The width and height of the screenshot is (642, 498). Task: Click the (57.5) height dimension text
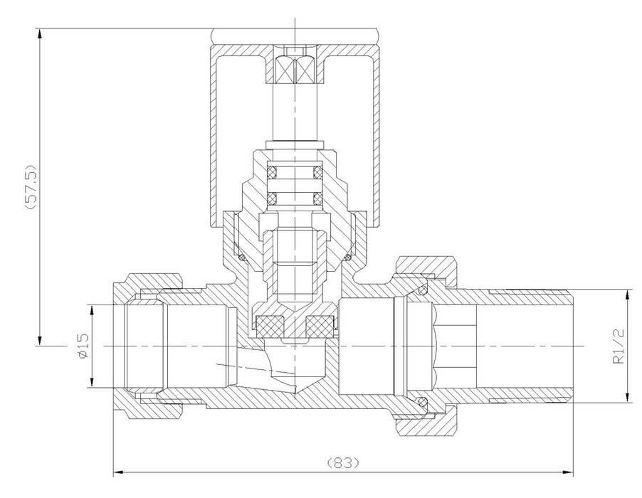(31, 187)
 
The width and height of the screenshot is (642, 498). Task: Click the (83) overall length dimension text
(344, 463)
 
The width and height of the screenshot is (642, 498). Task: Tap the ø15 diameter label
(83, 346)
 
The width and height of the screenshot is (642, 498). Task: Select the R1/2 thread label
(619, 346)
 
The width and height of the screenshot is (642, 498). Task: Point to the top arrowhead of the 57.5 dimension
(40, 33)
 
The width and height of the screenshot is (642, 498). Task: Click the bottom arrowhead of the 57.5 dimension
(40, 341)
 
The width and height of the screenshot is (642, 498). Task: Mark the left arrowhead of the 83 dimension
(118, 473)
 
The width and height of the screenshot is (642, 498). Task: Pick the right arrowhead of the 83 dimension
(568, 473)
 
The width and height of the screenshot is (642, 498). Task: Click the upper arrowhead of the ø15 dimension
(93, 311)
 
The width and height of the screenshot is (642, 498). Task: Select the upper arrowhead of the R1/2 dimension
(627, 295)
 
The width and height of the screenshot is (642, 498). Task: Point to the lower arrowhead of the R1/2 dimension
(627, 398)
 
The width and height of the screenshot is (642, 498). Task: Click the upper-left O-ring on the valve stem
(271, 172)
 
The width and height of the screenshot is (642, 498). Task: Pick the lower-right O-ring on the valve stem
(318, 198)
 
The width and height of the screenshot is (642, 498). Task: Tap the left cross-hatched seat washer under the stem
(270, 326)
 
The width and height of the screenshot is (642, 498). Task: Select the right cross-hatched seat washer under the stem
(321, 326)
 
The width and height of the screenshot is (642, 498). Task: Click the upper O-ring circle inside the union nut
(423, 291)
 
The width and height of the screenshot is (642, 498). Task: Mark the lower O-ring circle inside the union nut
(423, 401)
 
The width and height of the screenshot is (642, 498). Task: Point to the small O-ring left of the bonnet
(242, 258)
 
